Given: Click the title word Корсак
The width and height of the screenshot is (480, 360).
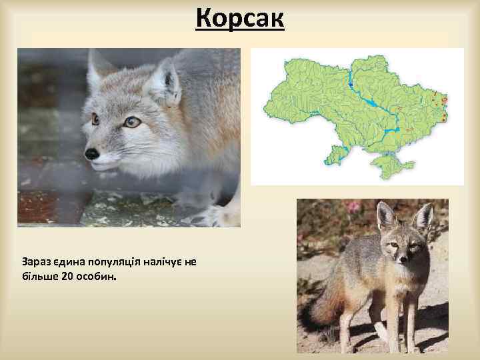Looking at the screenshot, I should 240,19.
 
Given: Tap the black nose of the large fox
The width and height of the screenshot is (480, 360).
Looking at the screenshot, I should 91,153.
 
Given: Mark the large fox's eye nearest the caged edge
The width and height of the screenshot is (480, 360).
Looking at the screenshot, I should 95,119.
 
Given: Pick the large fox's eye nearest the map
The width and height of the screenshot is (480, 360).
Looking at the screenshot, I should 132,122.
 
